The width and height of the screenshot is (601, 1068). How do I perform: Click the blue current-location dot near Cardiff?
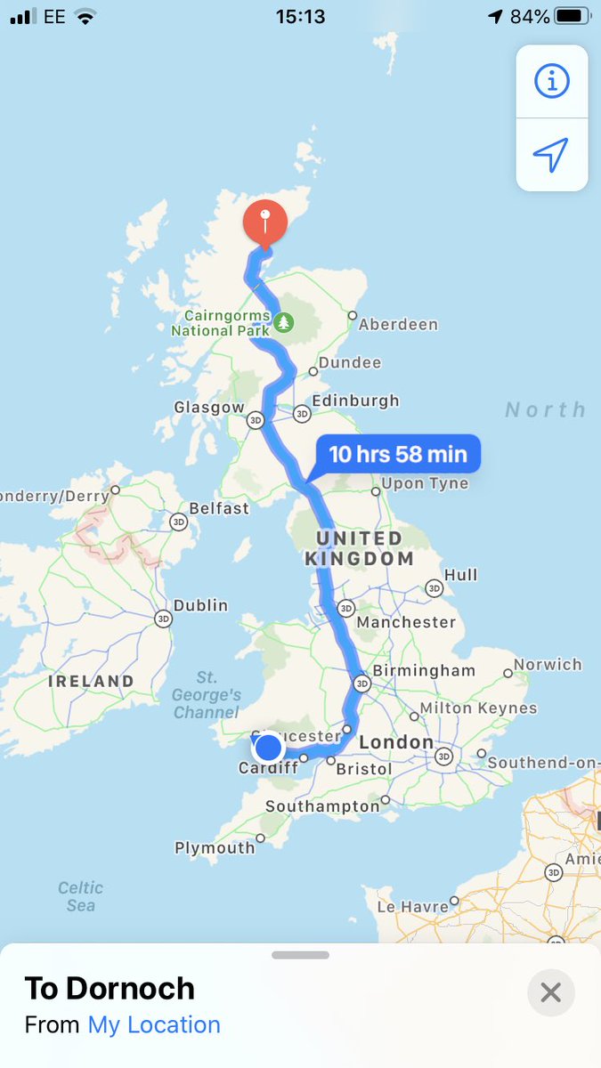(268, 748)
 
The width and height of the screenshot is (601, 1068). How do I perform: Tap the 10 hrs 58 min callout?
(397, 454)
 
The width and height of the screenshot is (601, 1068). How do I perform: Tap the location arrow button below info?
(551, 155)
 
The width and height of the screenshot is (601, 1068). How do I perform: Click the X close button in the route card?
(550, 991)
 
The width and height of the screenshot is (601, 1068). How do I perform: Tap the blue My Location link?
(153, 1024)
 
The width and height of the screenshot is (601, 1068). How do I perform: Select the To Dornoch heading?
(110, 988)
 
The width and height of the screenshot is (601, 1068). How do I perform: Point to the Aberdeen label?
(398, 325)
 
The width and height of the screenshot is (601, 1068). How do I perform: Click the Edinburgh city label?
(356, 400)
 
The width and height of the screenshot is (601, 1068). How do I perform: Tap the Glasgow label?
(209, 407)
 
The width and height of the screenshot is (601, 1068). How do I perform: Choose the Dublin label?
(200, 605)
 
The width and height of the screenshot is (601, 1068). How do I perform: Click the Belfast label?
(219, 508)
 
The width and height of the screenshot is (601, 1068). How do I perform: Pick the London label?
(396, 741)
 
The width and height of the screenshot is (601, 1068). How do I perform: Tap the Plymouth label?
(215, 848)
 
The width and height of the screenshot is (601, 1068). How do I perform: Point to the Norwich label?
(548, 664)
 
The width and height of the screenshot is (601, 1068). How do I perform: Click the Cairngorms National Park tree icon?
(283, 321)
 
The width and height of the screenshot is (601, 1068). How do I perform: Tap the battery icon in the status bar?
(572, 16)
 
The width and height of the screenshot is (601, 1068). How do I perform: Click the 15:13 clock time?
(300, 16)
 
